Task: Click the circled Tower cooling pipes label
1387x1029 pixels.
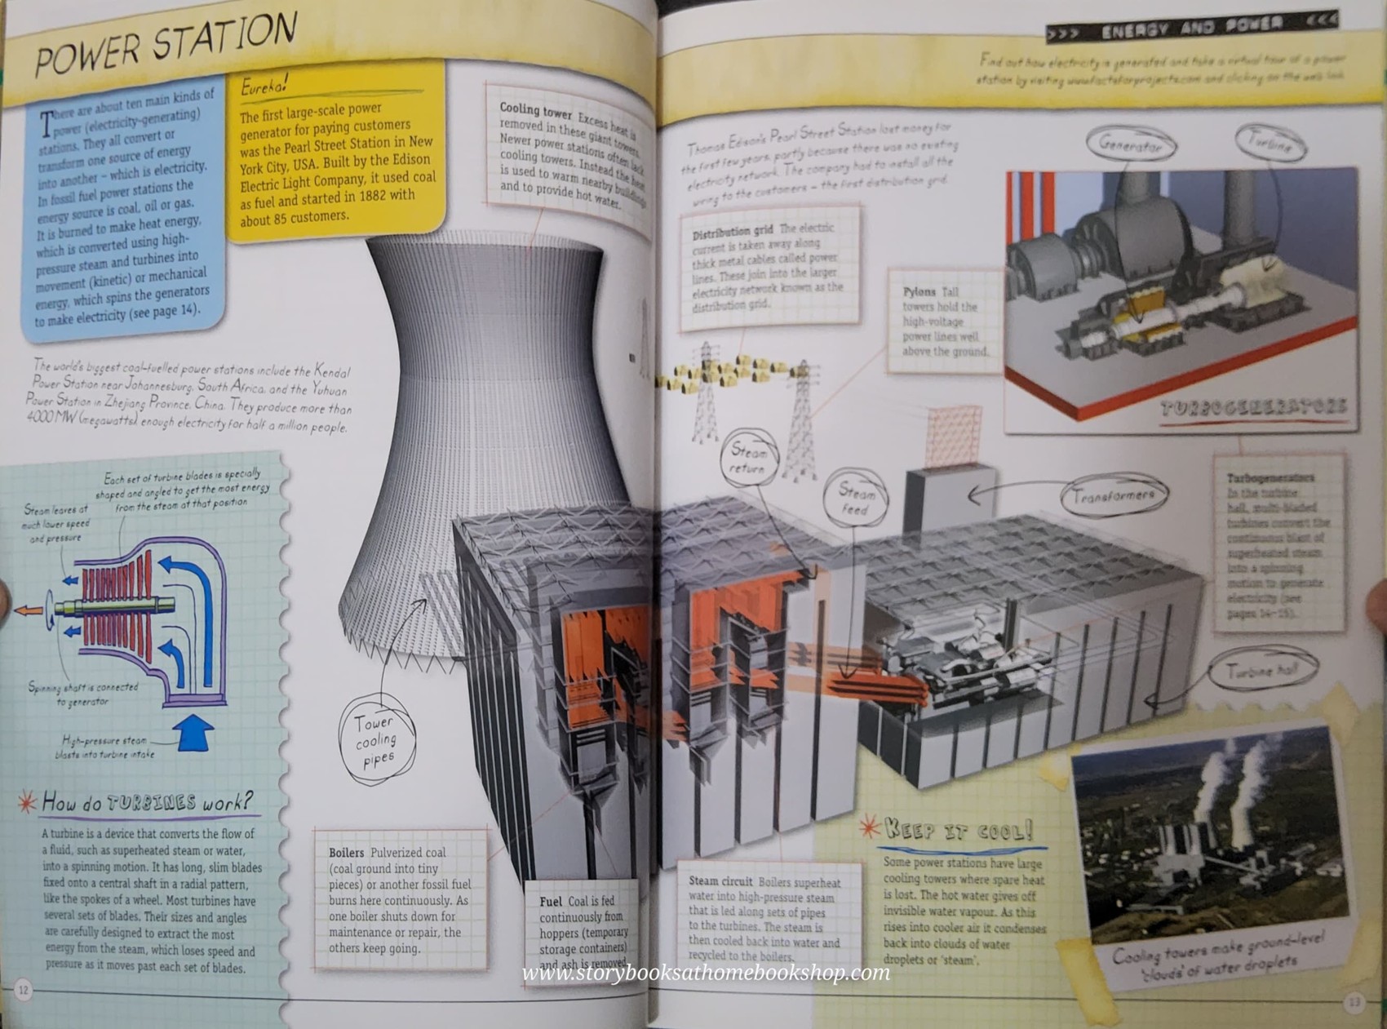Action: point(376,740)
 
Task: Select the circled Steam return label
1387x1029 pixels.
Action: point(748,459)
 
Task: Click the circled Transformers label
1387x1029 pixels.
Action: point(1114,495)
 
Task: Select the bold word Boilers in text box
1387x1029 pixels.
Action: point(346,853)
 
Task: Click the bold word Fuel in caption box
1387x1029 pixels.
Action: point(551,902)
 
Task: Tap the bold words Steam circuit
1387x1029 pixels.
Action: point(720,881)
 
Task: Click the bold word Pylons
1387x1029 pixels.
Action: point(919,291)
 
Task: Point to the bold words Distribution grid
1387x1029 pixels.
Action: point(732,233)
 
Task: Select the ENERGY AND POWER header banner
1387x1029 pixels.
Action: point(1191,28)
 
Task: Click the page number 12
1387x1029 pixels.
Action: point(24,990)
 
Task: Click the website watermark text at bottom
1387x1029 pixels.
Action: point(706,973)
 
